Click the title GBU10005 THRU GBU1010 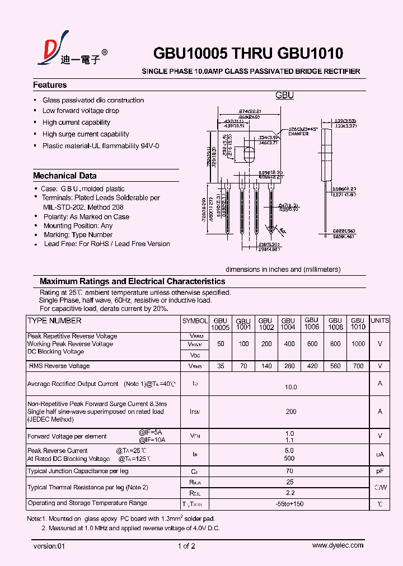[x=248, y=54]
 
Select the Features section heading [x=50, y=85]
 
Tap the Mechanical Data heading [x=65, y=176]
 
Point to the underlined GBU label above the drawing [x=284, y=96]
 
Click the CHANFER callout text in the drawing [x=298, y=134]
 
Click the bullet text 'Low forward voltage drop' [x=81, y=111]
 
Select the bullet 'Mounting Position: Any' [x=78, y=226]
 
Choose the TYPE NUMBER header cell [x=54, y=320]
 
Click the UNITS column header [x=379, y=320]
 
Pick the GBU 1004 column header [x=288, y=323]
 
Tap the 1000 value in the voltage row [x=358, y=344]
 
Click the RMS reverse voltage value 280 [x=289, y=366]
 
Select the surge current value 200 [x=290, y=411]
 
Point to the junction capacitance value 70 [x=290, y=471]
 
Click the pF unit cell [x=379, y=471]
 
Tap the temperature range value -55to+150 [x=290, y=503]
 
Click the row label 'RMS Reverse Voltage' [x=59, y=366]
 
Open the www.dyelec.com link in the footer [x=338, y=545]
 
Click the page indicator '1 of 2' [x=186, y=546]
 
